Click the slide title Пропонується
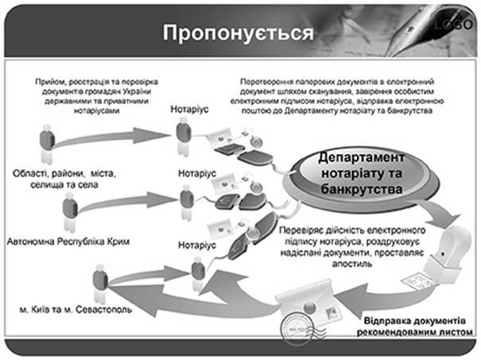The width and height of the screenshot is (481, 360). click(238, 33)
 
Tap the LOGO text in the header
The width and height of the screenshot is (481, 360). click(453, 24)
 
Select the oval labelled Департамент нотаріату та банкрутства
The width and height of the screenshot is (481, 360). click(362, 177)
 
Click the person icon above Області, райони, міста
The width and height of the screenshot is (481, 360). click(47, 143)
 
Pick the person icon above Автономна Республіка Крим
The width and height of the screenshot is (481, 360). click(70, 211)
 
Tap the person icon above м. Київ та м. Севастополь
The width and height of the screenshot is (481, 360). click(100, 283)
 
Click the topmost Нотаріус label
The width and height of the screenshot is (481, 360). click(189, 109)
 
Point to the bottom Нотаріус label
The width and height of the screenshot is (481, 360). click(197, 245)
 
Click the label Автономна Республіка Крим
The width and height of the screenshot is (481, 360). click(68, 242)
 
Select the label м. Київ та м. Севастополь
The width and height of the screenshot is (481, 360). click(76, 309)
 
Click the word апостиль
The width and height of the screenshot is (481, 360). click(352, 264)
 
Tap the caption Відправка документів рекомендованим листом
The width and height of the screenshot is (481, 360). click(415, 327)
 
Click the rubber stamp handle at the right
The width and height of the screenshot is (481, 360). click(453, 246)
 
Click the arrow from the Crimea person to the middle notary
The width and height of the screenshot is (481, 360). click(127, 202)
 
